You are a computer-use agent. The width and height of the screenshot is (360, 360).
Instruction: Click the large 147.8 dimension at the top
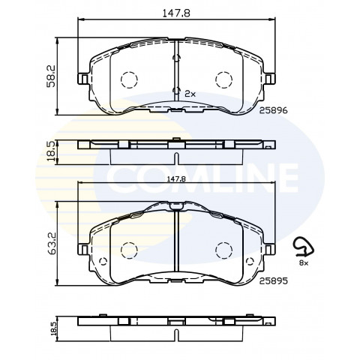(x=176, y=13)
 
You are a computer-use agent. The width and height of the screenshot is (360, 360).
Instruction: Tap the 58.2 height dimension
(x=51, y=76)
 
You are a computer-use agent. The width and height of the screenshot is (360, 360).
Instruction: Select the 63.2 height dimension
(x=51, y=244)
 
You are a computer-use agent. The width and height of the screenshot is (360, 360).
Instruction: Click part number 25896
(x=273, y=110)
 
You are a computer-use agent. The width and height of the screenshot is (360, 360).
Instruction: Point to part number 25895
(x=273, y=281)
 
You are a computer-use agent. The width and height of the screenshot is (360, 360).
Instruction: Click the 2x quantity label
(x=190, y=94)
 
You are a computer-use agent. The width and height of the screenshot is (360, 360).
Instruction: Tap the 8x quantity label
(x=304, y=262)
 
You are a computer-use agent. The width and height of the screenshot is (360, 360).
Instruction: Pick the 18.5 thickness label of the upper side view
(x=51, y=151)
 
